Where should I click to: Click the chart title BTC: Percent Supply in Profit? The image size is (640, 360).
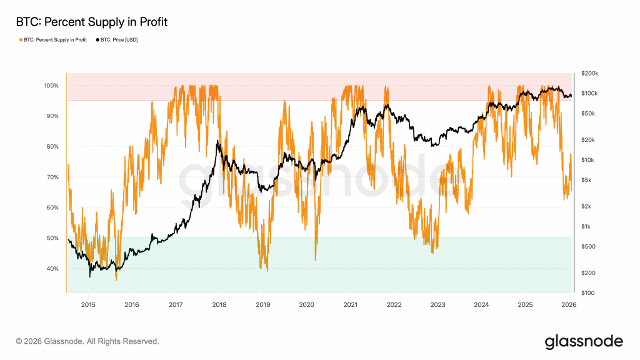tap(91, 22)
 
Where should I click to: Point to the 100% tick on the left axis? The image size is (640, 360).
tap(51, 86)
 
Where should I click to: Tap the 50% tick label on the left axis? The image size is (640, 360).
tap(52, 238)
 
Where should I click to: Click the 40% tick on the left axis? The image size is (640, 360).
tap(52, 269)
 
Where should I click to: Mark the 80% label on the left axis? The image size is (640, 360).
tap(52, 147)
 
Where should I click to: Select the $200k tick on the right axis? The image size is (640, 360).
tap(589, 73)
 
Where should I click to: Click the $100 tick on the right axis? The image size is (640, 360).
tap(588, 292)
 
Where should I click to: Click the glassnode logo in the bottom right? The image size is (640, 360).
tap(584, 341)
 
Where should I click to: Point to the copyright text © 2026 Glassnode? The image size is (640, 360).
tap(87, 341)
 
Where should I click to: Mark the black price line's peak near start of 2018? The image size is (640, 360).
tap(217, 142)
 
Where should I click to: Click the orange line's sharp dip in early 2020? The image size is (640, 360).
tap(316, 258)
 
